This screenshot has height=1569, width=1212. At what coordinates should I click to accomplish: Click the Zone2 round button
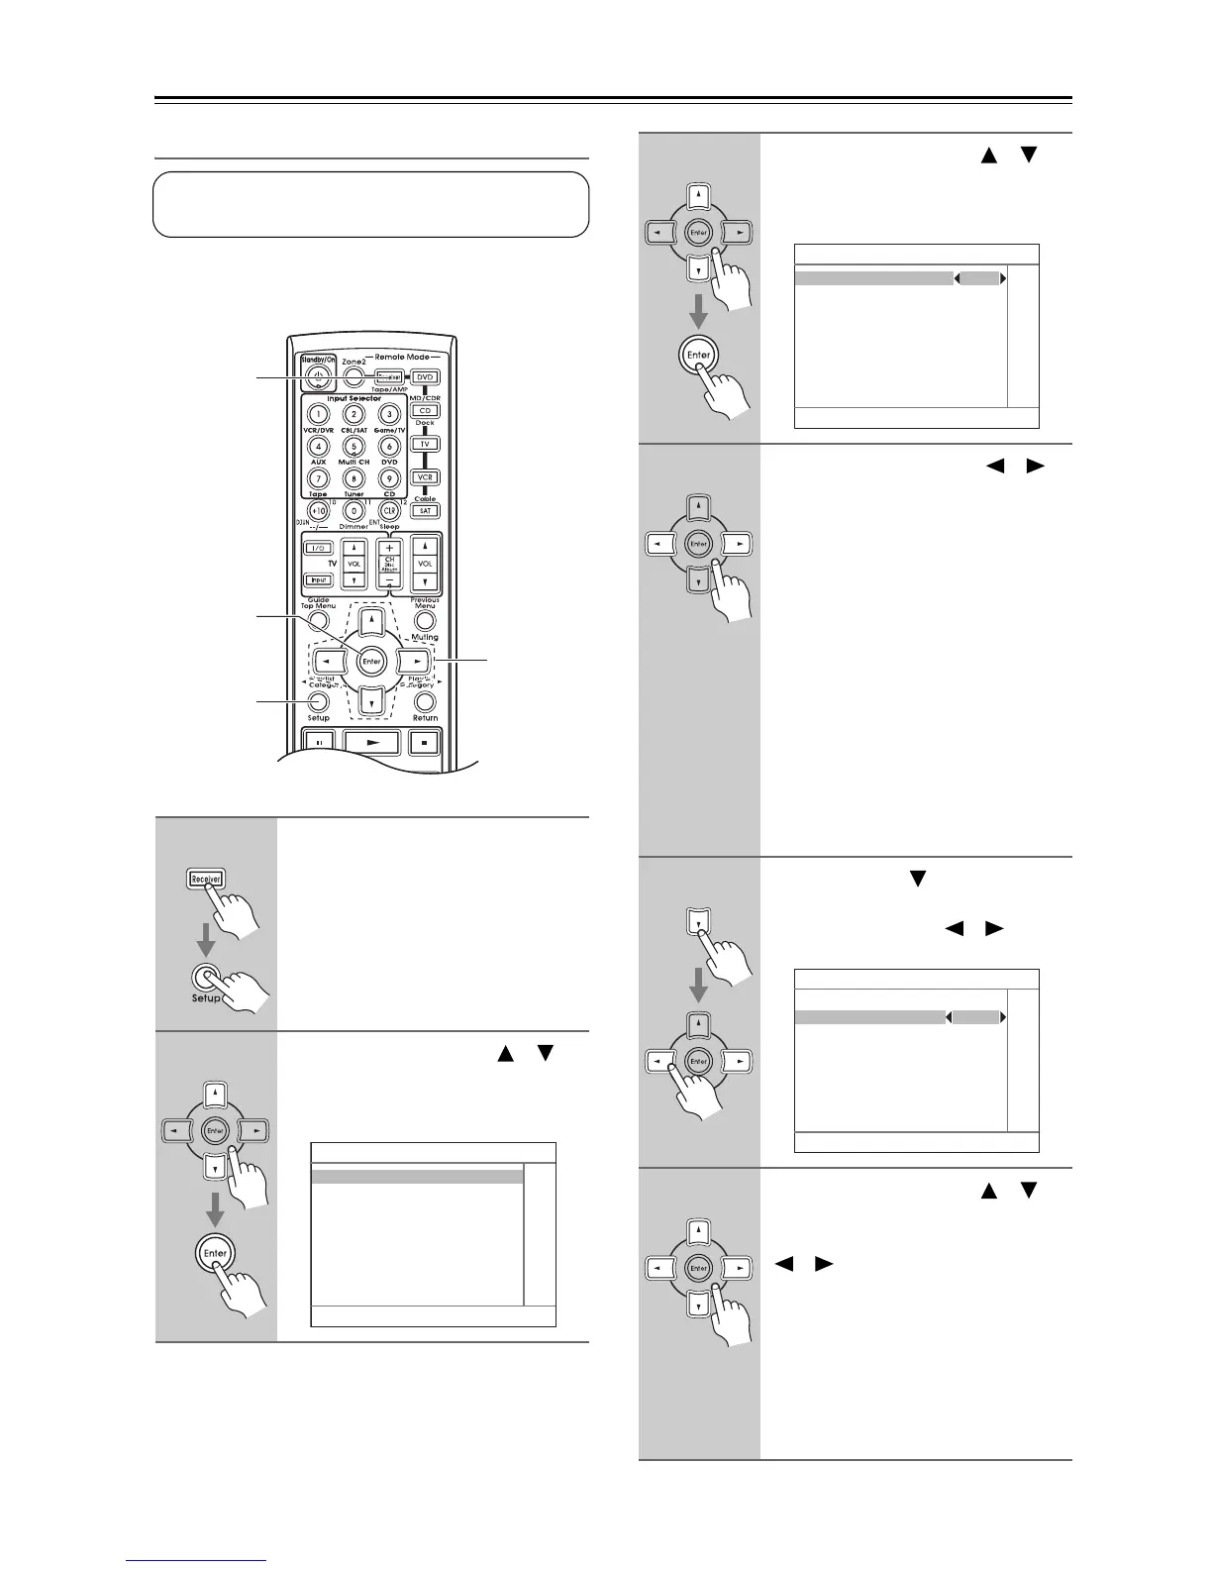[353, 376]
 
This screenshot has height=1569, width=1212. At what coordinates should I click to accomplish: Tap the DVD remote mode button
[426, 377]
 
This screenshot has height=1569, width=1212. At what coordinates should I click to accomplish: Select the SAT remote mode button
[426, 510]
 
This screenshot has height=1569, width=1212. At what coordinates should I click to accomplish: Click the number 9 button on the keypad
[389, 478]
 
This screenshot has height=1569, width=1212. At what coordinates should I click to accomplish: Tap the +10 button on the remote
[318, 511]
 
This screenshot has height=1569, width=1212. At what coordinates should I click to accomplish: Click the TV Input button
[318, 580]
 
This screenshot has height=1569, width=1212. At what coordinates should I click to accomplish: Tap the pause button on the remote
[319, 741]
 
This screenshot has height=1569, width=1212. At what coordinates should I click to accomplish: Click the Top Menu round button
[318, 620]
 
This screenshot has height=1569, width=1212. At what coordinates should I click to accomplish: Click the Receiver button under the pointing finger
[205, 878]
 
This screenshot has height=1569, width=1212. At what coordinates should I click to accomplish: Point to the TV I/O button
[318, 548]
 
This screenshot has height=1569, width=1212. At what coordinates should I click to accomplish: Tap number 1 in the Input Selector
[318, 414]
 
